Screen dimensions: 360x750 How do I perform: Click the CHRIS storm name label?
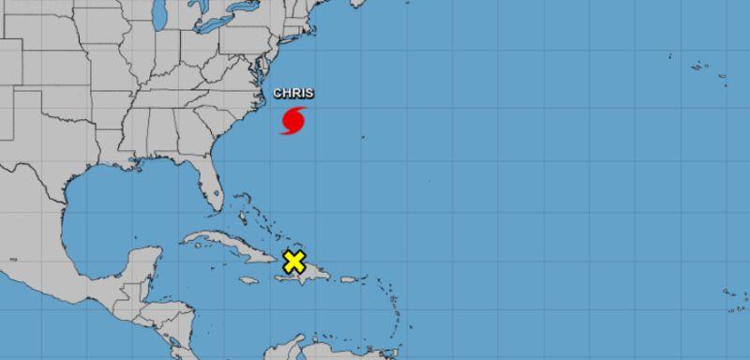pos(293,93)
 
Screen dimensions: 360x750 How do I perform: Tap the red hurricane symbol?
pos(293,121)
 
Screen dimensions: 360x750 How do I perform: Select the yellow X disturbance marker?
pos(294,262)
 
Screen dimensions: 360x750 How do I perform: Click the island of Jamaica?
pos(248,279)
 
